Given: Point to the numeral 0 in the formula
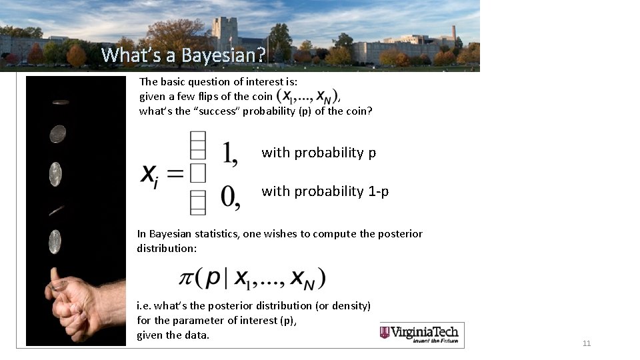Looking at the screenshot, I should click(230, 197).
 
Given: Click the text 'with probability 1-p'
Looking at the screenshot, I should click(325, 191).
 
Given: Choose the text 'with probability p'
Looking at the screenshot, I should click(319, 153).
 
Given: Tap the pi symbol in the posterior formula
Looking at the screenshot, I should click(188, 277).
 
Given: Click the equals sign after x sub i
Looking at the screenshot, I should click(174, 175).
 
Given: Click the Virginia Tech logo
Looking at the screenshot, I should click(421, 333).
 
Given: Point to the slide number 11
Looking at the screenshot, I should click(587, 343).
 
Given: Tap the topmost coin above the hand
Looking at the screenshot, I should click(60, 102).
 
